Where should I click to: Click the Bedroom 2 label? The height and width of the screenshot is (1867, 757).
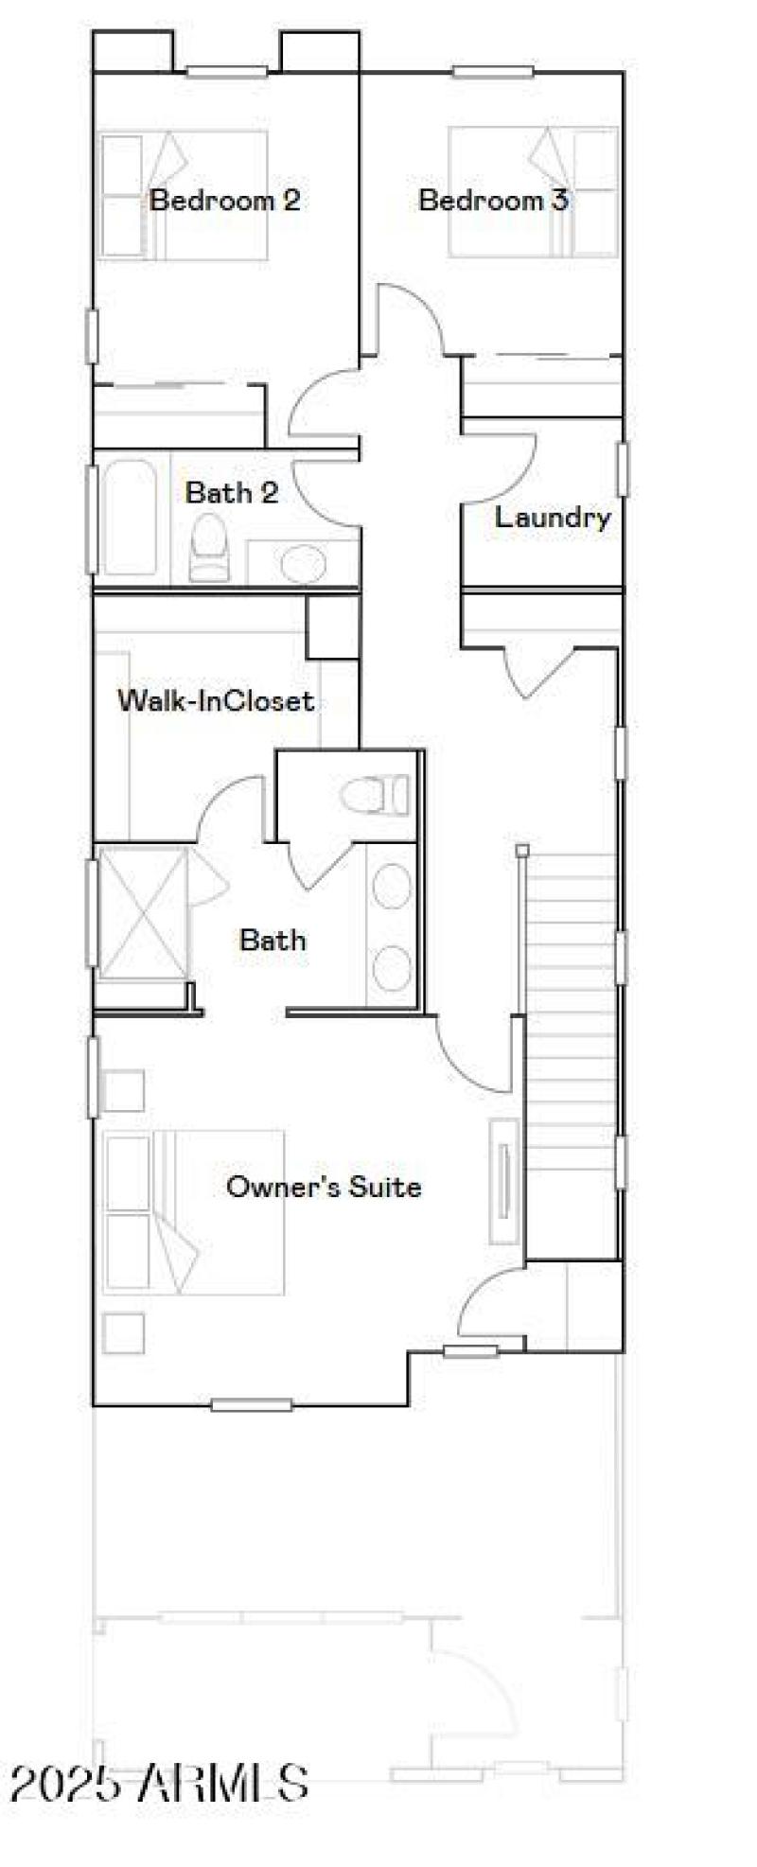click(225, 201)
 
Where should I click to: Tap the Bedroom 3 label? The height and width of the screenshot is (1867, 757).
click(493, 201)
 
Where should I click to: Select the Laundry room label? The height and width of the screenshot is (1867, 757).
click(553, 518)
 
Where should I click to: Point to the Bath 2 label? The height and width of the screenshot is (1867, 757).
click(232, 493)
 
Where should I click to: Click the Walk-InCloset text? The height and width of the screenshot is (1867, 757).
click(215, 701)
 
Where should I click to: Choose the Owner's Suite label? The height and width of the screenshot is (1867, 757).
click(324, 1187)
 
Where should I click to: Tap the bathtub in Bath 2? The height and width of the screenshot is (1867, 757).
click(130, 517)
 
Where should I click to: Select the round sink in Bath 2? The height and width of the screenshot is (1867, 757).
click(304, 564)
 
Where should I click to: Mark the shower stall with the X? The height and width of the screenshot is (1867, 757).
click(142, 913)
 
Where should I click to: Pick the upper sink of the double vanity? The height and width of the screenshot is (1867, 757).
click(390, 887)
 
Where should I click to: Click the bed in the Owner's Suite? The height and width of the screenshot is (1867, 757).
click(194, 1212)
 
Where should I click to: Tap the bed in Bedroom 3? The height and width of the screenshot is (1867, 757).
click(533, 193)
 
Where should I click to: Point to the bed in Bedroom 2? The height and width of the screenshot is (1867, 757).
click(185, 194)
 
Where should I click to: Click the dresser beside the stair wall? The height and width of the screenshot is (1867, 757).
click(504, 1180)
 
